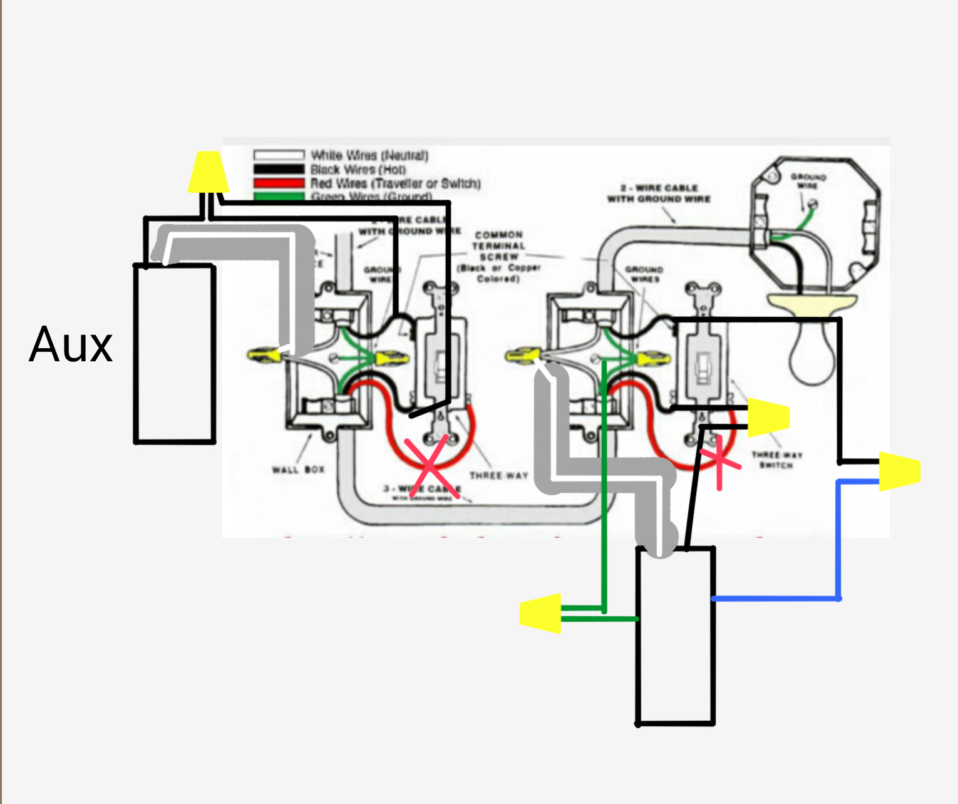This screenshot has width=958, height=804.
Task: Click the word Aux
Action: click(x=71, y=344)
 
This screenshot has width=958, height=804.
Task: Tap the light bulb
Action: click(x=812, y=351)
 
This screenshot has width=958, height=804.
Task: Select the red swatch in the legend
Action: click(x=279, y=183)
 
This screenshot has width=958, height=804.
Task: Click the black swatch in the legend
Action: click(x=279, y=169)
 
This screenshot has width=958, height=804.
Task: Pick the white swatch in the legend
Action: click(x=279, y=155)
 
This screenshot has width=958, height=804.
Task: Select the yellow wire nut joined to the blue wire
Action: click(x=900, y=471)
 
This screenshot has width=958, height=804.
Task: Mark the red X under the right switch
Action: click(x=718, y=461)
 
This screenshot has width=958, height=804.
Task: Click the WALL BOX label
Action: click(x=298, y=470)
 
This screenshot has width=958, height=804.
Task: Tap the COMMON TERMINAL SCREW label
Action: click(x=498, y=246)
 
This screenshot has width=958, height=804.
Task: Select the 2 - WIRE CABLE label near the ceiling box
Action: click(x=659, y=193)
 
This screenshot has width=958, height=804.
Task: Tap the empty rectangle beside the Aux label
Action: click(x=175, y=354)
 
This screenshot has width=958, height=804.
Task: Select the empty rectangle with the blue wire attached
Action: click(x=675, y=636)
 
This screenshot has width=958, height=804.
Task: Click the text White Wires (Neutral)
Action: click(x=369, y=155)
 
